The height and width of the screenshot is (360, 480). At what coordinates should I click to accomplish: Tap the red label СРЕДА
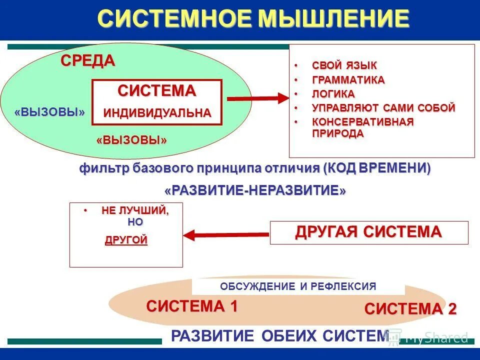tap(88, 60)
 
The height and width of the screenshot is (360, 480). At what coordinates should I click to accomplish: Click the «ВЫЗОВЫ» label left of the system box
tap(50, 112)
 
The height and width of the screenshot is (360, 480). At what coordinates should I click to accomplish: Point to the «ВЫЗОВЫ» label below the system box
tap(131, 140)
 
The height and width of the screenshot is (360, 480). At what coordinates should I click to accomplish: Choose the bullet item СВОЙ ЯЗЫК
tap(344, 65)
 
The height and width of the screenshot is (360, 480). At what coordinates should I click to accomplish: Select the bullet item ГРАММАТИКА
tap(348, 80)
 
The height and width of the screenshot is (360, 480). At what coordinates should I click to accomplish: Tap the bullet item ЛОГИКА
tap(333, 94)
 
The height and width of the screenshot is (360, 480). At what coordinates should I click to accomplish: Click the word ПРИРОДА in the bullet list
tap(338, 133)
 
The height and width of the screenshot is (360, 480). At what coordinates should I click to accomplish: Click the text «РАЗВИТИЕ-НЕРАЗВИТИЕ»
tap(255, 191)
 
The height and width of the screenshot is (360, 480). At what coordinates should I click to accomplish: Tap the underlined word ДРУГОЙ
tap(126, 240)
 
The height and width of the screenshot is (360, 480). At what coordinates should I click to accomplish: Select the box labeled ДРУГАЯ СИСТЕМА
tap(369, 232)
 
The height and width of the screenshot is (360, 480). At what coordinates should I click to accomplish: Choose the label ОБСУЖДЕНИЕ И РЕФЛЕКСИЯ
tap(298, 286)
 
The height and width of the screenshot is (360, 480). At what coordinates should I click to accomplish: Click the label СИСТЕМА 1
tap(192, 306)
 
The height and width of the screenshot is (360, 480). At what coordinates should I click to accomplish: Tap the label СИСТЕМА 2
tap(410, 309)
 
